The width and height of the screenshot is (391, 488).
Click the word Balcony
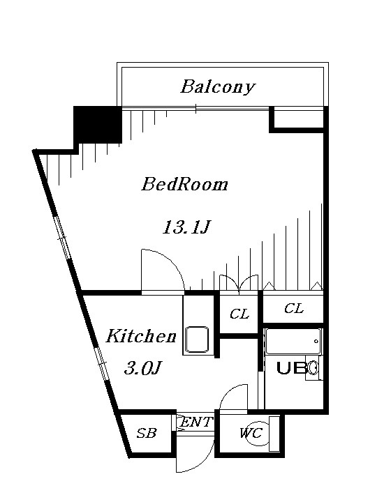(x=217, y=87)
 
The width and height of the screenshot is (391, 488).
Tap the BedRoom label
(x=184, y=185)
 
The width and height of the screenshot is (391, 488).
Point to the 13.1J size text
(x=186, y=227)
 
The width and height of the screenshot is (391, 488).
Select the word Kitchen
(x=140, y=337)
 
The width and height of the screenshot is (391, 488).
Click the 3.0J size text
(x=143, y=369)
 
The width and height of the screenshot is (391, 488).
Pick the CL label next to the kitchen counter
(x=239, y=314)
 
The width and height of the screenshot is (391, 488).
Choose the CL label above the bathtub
(x=294, y=309)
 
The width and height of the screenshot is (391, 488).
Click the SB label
(x=146, y=434)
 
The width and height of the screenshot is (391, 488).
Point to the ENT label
(x=196, y=422)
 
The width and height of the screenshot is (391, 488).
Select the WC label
(x=250, y=434)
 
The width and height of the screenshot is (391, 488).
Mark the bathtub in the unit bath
(x=293, y=343)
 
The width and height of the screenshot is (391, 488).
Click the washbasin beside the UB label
(x=313, y=367)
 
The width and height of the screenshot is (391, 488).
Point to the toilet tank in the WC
(x=274, y=434)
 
